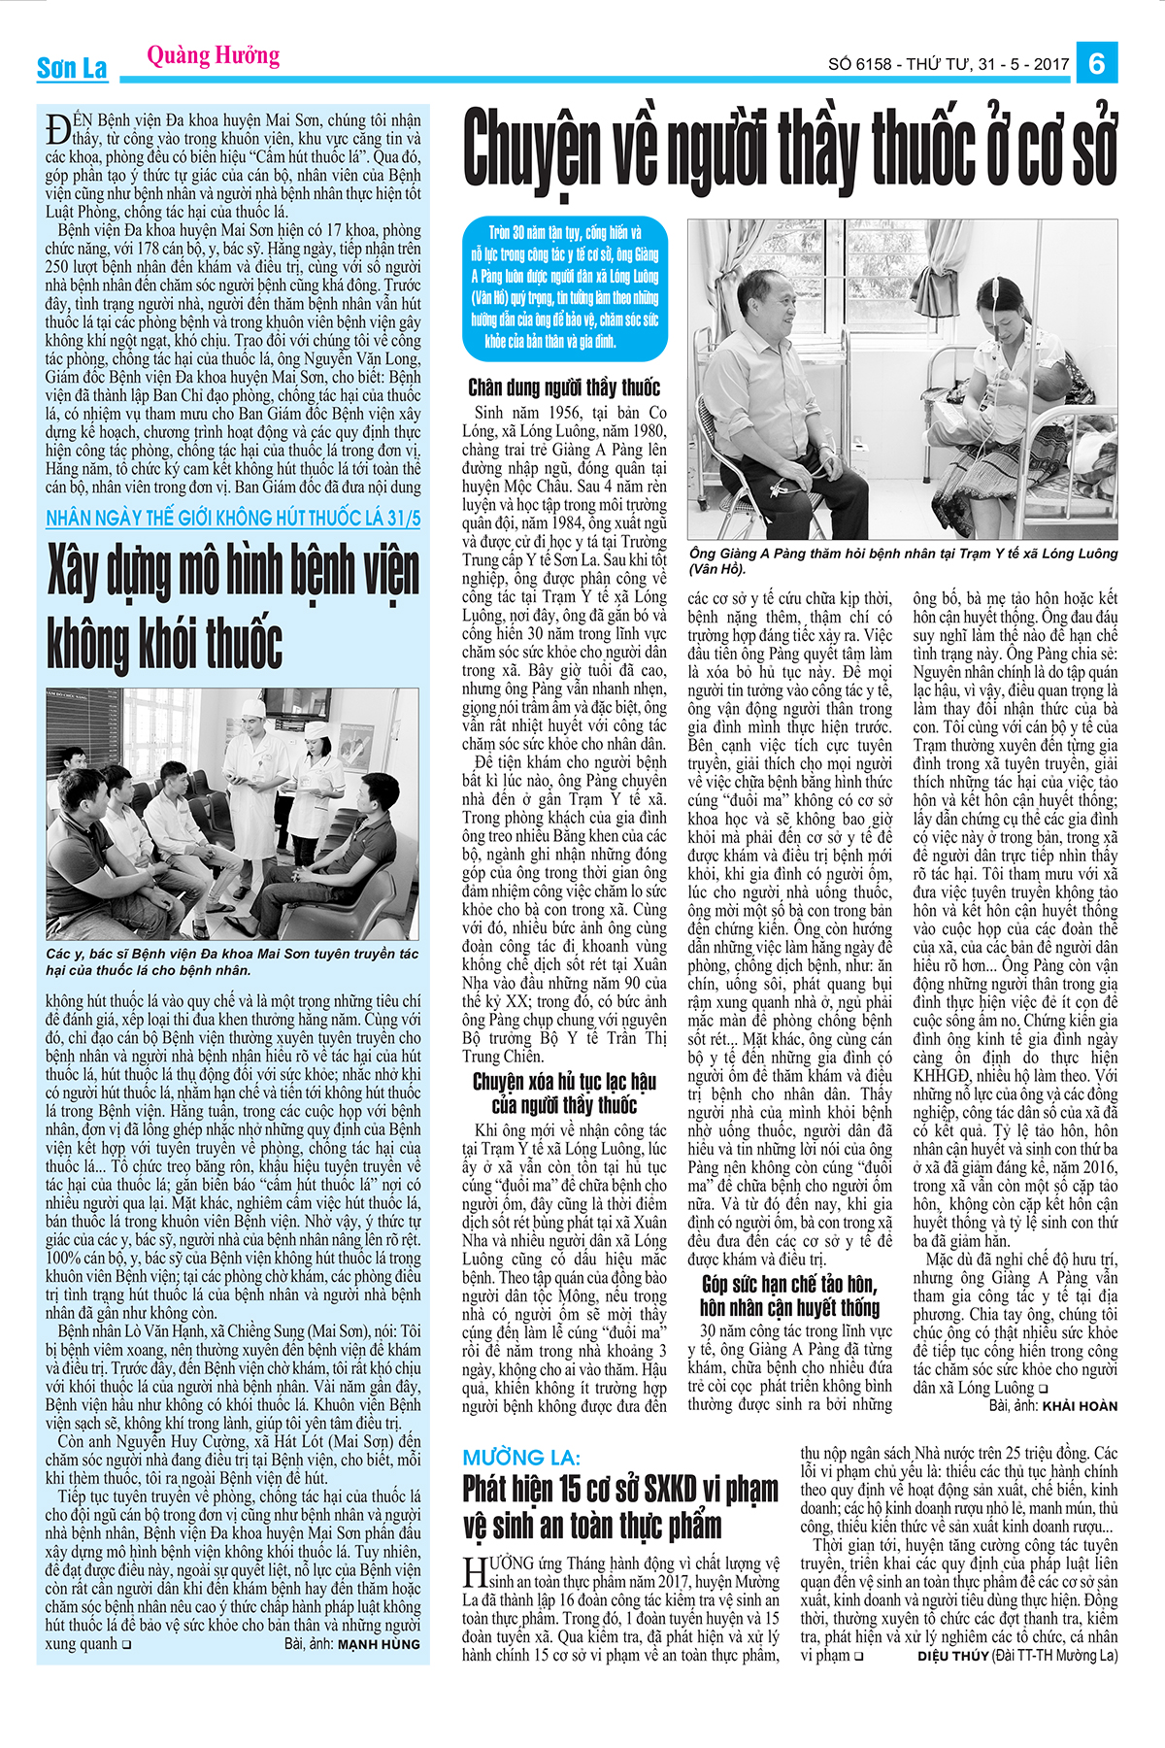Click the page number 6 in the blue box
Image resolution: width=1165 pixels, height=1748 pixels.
(x=1097, y=63)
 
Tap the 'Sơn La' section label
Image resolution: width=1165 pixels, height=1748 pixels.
(x=72, y=69)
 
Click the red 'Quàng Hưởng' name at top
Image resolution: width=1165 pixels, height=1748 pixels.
(x=214, y=56)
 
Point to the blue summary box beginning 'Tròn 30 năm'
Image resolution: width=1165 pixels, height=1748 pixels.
(x=564, y=287)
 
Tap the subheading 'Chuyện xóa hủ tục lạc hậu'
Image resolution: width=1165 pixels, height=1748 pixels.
(x=564, y=1092)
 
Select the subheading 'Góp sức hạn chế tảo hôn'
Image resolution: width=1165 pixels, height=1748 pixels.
(x=789, y=1295)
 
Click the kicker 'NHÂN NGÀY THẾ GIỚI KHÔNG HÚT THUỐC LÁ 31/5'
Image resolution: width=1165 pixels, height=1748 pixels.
(x=233, y=519)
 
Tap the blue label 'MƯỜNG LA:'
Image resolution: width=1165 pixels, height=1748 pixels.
(x=521, y=1458)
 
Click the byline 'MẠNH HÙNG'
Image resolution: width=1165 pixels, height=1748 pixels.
(x=379, y=1645)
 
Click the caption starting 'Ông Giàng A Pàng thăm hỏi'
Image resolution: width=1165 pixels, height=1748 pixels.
(x=903, y=560)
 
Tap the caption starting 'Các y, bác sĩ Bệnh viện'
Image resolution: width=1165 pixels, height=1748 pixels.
(x=233, y=961)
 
